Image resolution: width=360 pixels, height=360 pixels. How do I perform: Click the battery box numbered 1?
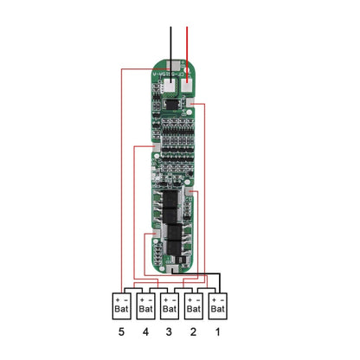(219, 303)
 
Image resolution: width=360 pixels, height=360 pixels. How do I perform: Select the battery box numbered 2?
(194, 303)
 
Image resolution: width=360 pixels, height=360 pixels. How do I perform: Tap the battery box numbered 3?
(169, 303)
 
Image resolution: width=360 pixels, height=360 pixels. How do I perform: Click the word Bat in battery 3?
(169, 307)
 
